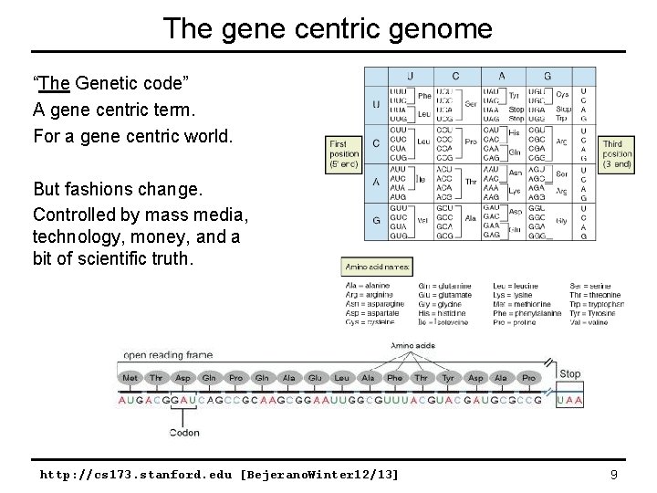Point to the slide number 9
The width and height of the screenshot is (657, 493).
click(x=614, y=475)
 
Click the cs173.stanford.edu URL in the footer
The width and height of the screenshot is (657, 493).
click(x=219, y=475)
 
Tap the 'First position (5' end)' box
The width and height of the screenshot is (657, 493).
click(x=345, y=156)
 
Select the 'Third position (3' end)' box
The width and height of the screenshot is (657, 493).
click(x=617, y=155)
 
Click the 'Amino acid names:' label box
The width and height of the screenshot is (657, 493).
click(x=377, y=267)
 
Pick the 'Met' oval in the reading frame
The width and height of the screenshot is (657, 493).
click(x=130, y=377)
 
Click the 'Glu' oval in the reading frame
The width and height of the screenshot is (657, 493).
click(x=315, y=377)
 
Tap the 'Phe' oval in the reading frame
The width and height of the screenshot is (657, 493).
click(x=394, y=377)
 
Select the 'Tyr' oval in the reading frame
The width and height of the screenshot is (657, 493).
click(x=448, y=377)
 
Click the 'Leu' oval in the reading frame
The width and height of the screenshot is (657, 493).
click(x=341, y=377)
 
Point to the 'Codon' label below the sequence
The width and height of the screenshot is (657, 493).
click(x=184, y=433)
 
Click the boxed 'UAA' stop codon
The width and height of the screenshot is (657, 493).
click(x=569, y=400)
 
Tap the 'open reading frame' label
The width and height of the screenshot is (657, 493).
click(x=168, y=355)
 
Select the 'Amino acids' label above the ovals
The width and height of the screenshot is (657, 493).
click(x=412, y=346)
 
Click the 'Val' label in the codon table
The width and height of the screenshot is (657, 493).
click(x=423, y=220)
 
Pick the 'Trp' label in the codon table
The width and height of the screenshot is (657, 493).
click(x=560, y=118)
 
